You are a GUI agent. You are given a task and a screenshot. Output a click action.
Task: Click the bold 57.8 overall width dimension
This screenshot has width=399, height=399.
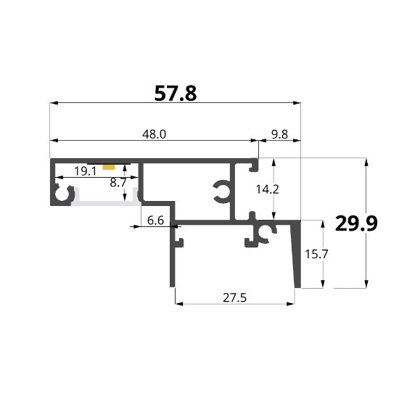coord(176,94)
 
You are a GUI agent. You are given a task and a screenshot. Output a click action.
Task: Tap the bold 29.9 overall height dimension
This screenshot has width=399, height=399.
coord(356,223)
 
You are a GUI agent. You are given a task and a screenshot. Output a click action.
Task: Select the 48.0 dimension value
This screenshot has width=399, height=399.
coord(155,134)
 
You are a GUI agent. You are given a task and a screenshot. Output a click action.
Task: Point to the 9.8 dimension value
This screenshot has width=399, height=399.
coord(279,134)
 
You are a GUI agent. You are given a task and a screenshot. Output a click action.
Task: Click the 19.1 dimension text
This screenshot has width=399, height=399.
coord(86,171)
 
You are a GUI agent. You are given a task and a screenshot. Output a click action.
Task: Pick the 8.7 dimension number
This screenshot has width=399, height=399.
coord(118,182)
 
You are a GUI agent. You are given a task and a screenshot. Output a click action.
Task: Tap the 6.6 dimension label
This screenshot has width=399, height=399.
coord(155,220)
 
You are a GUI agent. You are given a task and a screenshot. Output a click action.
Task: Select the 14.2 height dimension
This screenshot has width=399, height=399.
coord(267,189)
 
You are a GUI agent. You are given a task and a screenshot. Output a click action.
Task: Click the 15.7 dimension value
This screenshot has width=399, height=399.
coord(316,254)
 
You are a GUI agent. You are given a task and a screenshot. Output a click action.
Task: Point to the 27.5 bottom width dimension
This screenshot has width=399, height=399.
coord(234,297)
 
